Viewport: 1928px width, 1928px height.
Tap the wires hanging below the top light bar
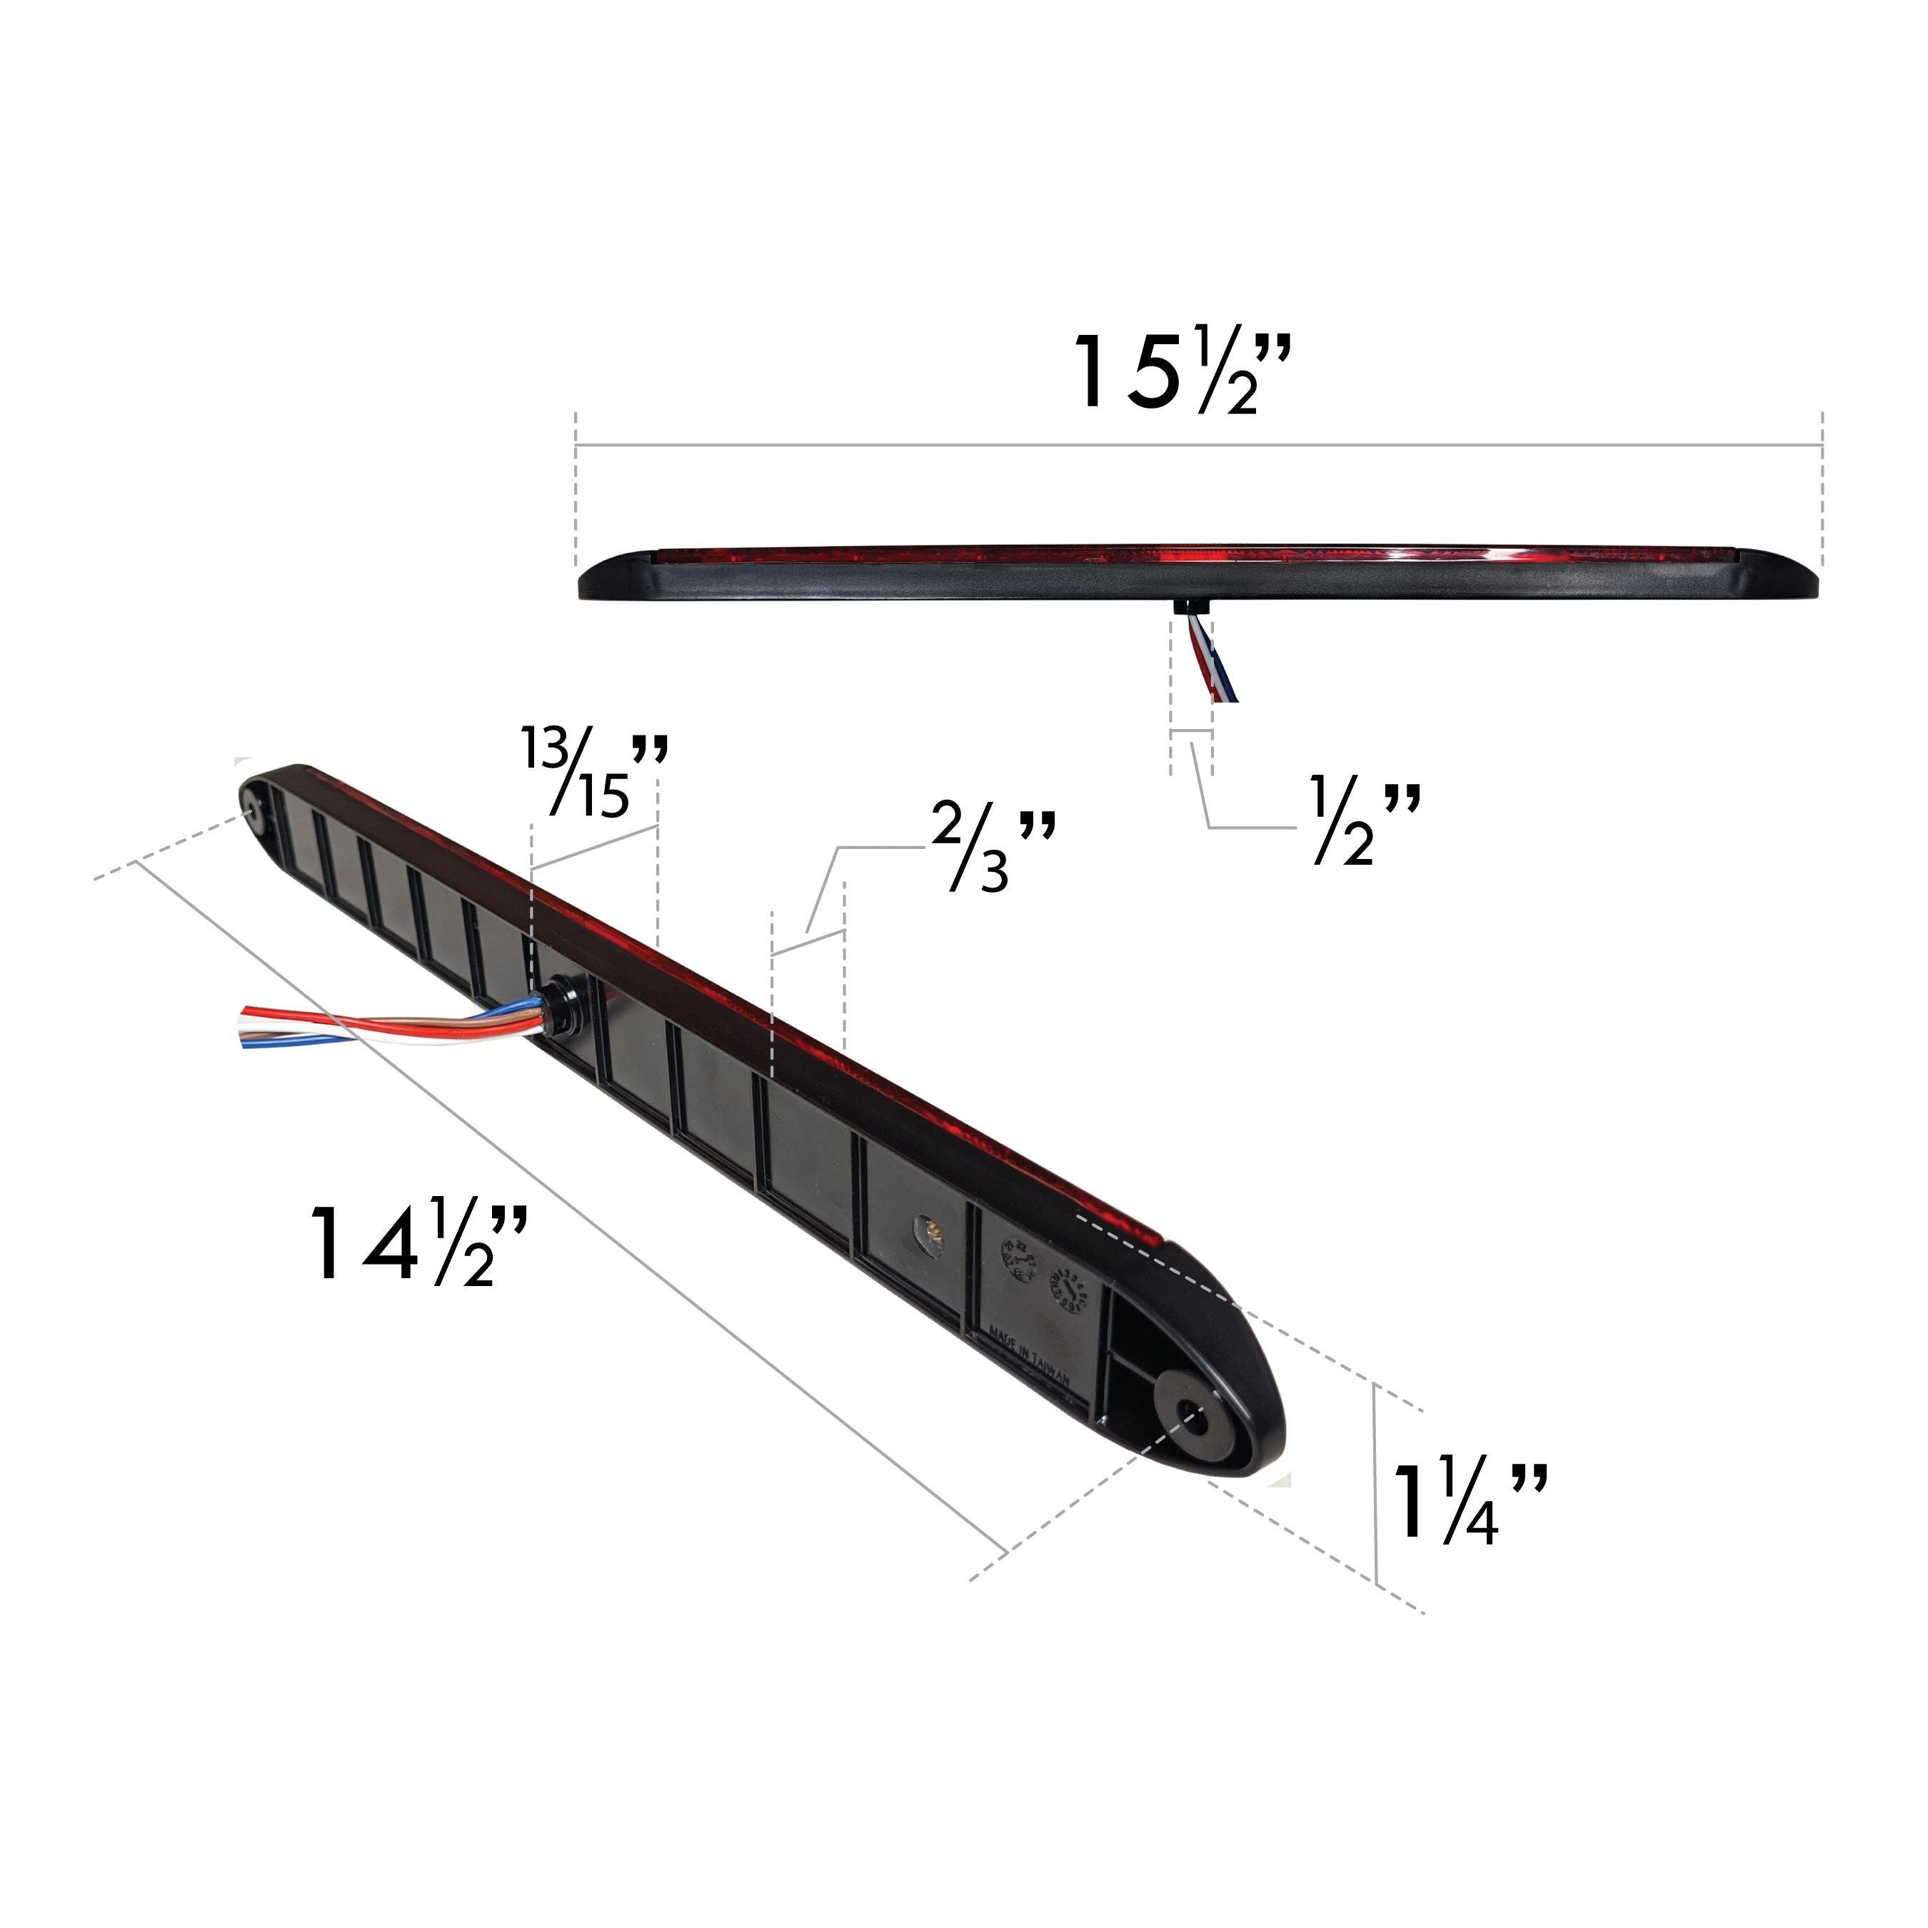pyautogui.click(x=1210, y=658)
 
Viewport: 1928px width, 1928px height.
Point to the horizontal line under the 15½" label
pyautogui.click(x=1198, y=444)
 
